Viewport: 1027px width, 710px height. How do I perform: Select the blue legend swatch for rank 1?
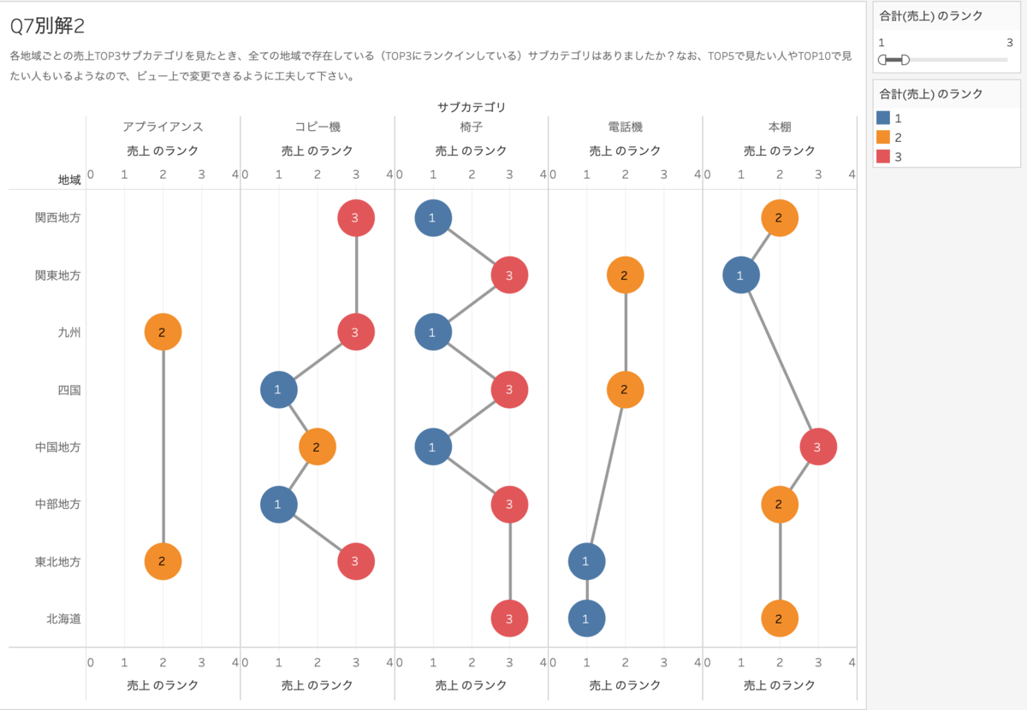pos(883,118)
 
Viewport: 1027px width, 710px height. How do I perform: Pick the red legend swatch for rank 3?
pos(883,156)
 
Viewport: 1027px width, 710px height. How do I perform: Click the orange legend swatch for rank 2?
pos(883,137)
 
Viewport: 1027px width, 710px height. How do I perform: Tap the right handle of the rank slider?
pos(905,59)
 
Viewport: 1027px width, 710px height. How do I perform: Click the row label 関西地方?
pos(58,217)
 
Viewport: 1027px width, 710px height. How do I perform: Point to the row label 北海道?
pos(64,618)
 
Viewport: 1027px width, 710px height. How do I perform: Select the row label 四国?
pos(69,390)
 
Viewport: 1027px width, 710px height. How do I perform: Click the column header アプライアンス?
pos(163,127)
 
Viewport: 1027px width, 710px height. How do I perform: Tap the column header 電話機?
pos(625,127)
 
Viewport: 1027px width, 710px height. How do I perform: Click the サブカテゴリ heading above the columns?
pos(471,107)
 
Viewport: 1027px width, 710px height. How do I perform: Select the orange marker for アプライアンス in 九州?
pos(163,332)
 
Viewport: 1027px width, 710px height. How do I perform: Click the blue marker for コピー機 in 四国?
pos(278,390)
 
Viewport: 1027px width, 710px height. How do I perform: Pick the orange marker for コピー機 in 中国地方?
pos(318,447)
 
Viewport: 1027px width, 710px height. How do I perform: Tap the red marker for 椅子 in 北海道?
pos(509,618)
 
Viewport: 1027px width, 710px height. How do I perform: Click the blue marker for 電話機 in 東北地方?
pos(586,561)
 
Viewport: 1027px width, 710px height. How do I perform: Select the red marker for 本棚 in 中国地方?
pos(818,447)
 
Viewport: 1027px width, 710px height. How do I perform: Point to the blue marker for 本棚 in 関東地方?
pos(740,275)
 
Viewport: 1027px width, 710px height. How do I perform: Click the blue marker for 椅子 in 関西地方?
pos(432,217)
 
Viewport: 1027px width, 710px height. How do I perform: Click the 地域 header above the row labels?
pos(69,180)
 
